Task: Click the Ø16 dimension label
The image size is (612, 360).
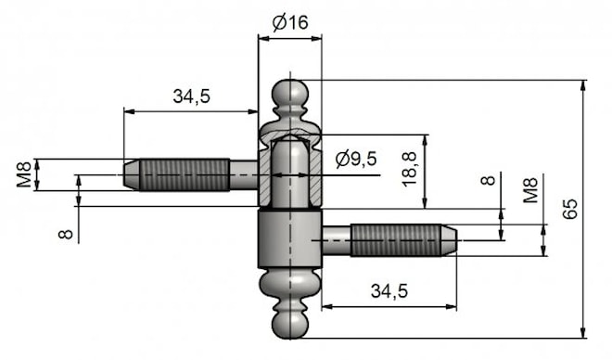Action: [x=290, y=22]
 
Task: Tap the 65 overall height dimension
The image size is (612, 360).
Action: [x=571, y=209]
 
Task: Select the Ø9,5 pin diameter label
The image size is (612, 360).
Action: [x=356, y=159]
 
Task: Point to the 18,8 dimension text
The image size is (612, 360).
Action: [x=409, y=170]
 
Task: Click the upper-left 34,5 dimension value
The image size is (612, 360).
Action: [x=192, y=96]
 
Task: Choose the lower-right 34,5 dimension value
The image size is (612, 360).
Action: [x=389, y=291]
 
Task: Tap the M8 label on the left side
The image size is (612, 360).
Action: [x=24, y=174]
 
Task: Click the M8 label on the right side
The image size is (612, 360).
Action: [x=530, y=190]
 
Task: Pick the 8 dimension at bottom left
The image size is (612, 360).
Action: [x=65, y=234]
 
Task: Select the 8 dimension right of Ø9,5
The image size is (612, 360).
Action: [x=488, y=180]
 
